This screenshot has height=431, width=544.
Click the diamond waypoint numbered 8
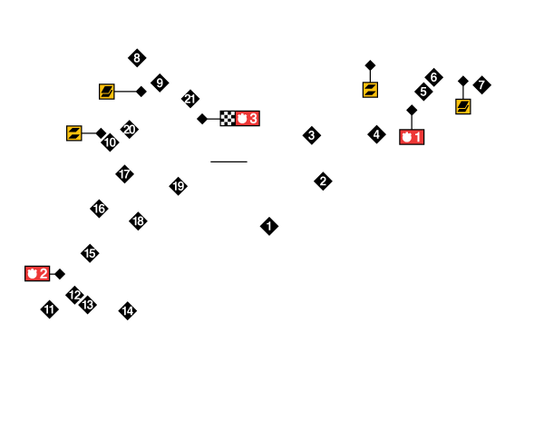[137, 58]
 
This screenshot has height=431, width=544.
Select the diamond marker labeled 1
[269, 226]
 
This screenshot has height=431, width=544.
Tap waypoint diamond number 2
[323, 181]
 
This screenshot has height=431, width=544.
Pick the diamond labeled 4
[376, 134]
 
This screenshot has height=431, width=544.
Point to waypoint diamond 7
[481, 85]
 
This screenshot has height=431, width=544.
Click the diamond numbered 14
[128, 311]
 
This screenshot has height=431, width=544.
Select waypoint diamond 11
[49, 309]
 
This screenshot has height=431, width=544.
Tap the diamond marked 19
[179, 186]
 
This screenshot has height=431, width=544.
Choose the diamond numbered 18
[138, 220]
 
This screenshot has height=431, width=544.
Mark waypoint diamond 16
[99, 209]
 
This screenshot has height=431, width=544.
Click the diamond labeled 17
[124, 174]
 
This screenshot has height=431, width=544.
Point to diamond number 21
[190, 98]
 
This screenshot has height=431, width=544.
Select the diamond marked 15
[90, 253]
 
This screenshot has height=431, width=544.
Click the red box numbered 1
[412, 137]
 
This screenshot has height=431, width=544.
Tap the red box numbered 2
[37, 273]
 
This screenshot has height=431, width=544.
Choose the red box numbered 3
[248, 118]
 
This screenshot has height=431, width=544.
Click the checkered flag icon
[228, 118]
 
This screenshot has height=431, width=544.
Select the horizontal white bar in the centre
[228, 162]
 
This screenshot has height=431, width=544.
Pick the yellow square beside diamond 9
[107, 91]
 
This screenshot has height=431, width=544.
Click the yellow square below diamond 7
[463, 106]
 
